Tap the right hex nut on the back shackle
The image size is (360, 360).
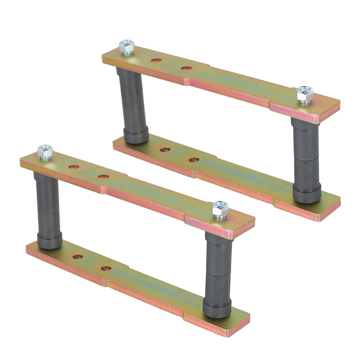(305, 94)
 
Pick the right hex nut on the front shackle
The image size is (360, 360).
(220, 209)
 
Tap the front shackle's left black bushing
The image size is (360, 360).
(49, 211)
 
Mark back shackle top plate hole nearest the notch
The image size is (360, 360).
(186, 68)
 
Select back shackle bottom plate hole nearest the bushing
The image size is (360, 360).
(165, 149)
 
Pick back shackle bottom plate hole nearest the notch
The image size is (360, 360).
(194, 159)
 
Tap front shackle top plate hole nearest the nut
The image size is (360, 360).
(74, 167)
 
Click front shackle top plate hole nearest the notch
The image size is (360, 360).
(103, 177)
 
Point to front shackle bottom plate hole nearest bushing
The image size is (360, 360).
(78, 257)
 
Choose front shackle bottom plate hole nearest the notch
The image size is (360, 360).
(106, 268)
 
